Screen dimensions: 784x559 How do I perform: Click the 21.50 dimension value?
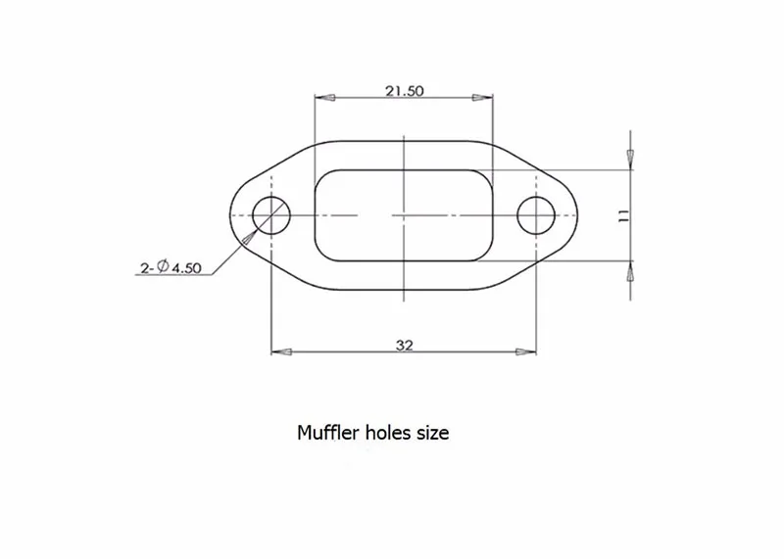click(x=404, y=91)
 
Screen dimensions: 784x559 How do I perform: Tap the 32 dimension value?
click(x=405, y=346)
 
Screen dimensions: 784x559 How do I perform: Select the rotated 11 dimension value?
click(x=623, y=215)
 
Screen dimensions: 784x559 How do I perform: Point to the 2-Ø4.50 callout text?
click(x=171, y=268)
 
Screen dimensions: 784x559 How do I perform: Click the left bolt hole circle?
click(x=253, y=215)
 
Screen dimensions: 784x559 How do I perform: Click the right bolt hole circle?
click(x=517, y=215)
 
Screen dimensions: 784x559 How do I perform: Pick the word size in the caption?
click(x=433, y=433)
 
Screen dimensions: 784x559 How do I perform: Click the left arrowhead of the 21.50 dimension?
click(x=324, y=98)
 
